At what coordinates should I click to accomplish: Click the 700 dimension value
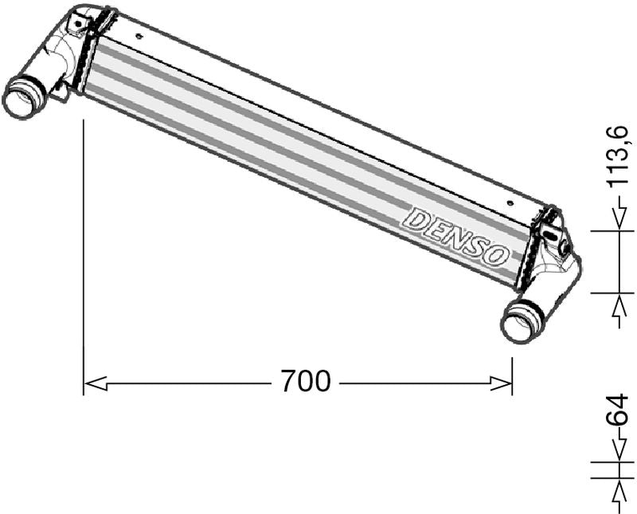(306, 381)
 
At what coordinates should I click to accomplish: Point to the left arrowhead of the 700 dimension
(95, 383)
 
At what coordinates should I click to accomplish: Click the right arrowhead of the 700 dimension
(501, 383)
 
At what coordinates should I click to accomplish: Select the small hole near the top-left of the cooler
(139, 36)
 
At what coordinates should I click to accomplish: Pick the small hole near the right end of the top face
(510, 202)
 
